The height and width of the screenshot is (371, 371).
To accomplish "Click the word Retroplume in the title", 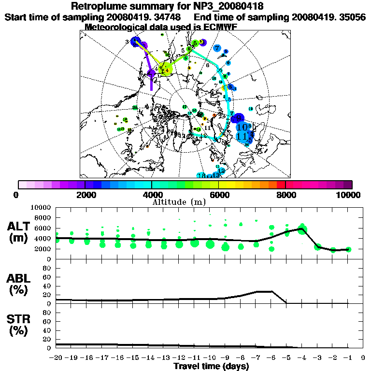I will click(98, 6).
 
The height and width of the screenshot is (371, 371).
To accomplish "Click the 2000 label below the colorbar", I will click(85, 195).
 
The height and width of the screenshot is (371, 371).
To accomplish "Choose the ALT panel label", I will click(20, 227).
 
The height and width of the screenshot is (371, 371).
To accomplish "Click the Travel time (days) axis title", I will click(211, 366).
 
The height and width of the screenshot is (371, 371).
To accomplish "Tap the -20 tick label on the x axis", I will click(56, 358).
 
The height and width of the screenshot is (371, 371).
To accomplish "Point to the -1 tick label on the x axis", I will click(347, 358).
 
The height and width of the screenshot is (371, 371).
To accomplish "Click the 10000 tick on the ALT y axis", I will click(41, 207).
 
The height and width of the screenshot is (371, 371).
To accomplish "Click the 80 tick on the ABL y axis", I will click(47, 268).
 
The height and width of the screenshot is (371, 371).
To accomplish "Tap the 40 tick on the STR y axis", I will click(47, 330).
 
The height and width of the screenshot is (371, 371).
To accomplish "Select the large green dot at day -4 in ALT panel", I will click(302, 229).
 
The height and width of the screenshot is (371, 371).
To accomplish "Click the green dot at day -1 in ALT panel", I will click(348, 249).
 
